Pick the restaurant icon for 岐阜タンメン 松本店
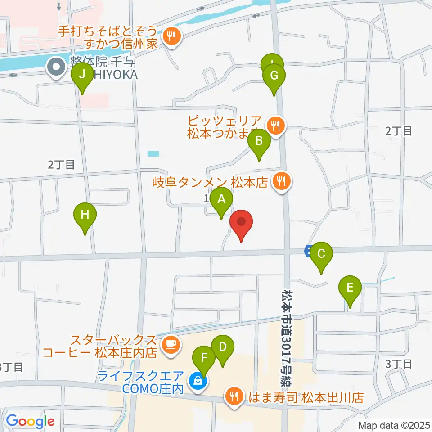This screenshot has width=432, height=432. pyautogui.click(x=282, y=182)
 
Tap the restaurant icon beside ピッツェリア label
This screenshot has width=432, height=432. pyautogui.click(x=275, y=126)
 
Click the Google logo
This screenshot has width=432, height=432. pyautogui.click(x=31, y=422)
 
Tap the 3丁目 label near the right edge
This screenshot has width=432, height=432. pyautogui.click(x=399, y=364)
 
